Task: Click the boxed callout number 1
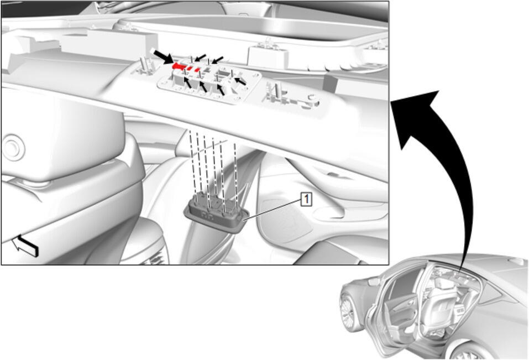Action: pyautogui.click(x=306, y=199)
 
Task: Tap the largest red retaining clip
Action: pyautogui.click(x=178, y=66)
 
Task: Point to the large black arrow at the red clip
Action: pyautogui.click(x=163, y=56)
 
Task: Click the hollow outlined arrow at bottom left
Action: pyautogui.click(x=25, y=246)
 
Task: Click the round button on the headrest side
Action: pyautogui.click(x=13, y=148)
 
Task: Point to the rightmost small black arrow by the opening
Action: pyautogui.click(x=240, y=81)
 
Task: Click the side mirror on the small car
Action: pyautogui.click(x=373, y=281)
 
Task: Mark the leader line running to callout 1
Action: pyautogui.click(x=273, y=210)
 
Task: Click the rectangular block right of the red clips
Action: pyautogui.click(x=268, y=56)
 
